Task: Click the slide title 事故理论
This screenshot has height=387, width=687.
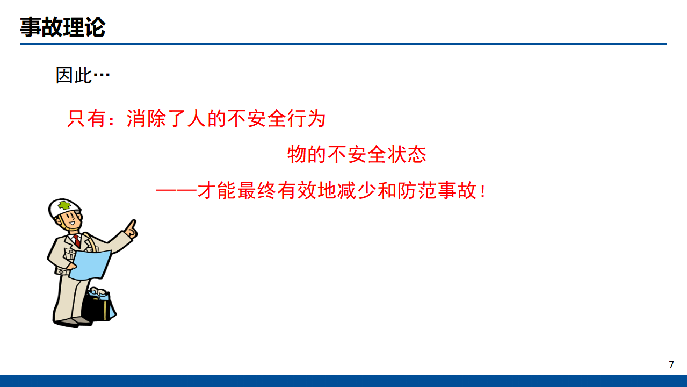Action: tap(62, 27)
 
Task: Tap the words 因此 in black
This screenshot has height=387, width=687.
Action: tap(74, 75)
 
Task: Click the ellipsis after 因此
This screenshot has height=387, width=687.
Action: tap(102, 75)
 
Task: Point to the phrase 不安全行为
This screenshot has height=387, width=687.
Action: tap(276, 118)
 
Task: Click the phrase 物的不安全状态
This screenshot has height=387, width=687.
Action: tap(357, 154)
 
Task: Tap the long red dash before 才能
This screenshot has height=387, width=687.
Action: tap(176, 191)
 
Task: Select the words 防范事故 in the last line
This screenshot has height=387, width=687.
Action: tap(437, 191)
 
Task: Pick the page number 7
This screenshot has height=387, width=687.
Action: tap(671, 364)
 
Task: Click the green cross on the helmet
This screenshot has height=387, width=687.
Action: tap(64, 205)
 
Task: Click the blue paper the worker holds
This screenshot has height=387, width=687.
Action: tap(90, 264)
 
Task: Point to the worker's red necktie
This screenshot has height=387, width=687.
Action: tap(77, 241)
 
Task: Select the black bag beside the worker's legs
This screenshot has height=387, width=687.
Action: tap(98, 305)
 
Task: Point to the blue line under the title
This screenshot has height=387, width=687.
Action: tap(343, 44)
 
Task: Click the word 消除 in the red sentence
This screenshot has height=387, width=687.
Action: tap(146, 118)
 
